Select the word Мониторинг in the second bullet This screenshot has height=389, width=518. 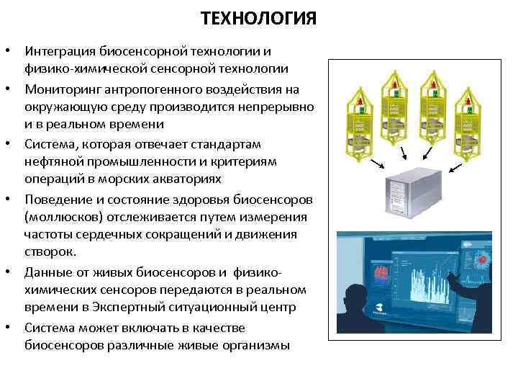point(60,89)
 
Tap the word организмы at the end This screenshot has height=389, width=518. point(253,345)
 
